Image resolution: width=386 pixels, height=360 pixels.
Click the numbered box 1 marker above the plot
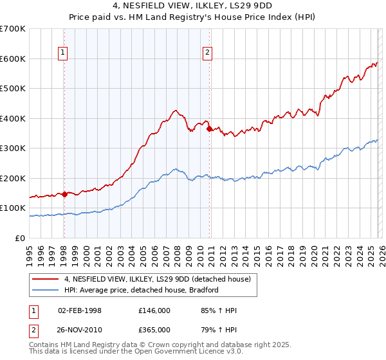click(64, 53)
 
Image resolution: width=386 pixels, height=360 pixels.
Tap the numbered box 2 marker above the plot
click(208, 53)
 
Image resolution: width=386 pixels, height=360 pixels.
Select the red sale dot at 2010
click(209, 129)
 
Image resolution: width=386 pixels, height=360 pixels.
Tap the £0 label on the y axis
click(21, 238)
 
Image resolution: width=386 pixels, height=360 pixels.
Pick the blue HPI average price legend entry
click(142, 290)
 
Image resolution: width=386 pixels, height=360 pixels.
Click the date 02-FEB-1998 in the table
click(80, 310)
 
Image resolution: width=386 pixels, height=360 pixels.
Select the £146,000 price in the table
click(154, 310)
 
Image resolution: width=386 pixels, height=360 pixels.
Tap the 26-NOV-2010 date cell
click(80, 330)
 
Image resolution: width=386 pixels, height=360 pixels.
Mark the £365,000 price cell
click(154, 330)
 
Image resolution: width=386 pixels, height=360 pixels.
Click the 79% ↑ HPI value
click(219, 330)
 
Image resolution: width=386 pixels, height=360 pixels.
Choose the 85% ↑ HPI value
click(219, 310)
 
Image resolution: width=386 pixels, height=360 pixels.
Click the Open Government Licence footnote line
click(131, 352)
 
